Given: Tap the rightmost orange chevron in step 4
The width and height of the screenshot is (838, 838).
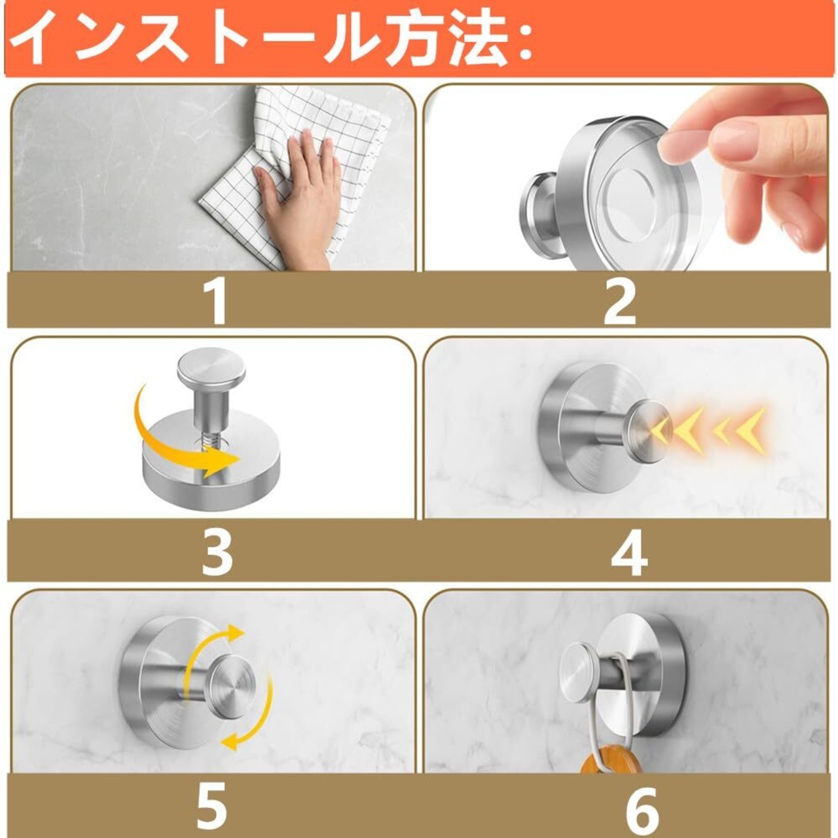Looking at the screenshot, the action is click(751, 428).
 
